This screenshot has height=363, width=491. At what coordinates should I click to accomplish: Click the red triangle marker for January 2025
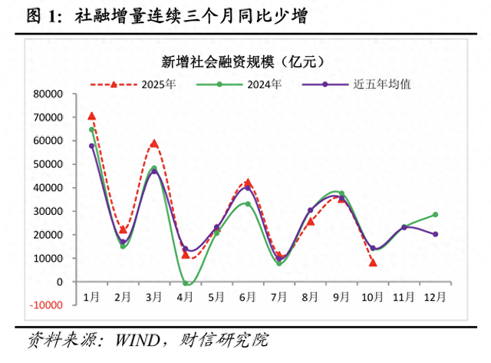[92, 116]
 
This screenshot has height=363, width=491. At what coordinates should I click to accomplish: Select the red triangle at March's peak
[154, 144]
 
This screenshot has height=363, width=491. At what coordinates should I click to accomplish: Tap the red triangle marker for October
[373, 262]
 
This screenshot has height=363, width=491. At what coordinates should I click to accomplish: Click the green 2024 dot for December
[435, 215]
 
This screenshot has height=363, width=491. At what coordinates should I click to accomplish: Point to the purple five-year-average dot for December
[435, 234]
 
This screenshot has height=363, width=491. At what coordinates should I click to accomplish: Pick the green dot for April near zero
[186, 283]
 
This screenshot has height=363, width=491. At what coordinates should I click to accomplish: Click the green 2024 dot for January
[92, 130]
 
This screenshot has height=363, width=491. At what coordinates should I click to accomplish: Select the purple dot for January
[92, 146]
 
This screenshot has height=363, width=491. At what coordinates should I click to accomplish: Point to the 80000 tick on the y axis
[48, 94]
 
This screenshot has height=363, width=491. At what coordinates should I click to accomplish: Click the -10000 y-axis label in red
[46, 305]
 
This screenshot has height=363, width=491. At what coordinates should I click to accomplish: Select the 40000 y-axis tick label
[48, 187]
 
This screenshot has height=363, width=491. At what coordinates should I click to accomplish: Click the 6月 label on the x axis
[248, 296]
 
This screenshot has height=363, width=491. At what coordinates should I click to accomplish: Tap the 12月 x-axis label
[435, 296]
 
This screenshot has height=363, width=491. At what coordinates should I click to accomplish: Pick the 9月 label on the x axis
[341, 296]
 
